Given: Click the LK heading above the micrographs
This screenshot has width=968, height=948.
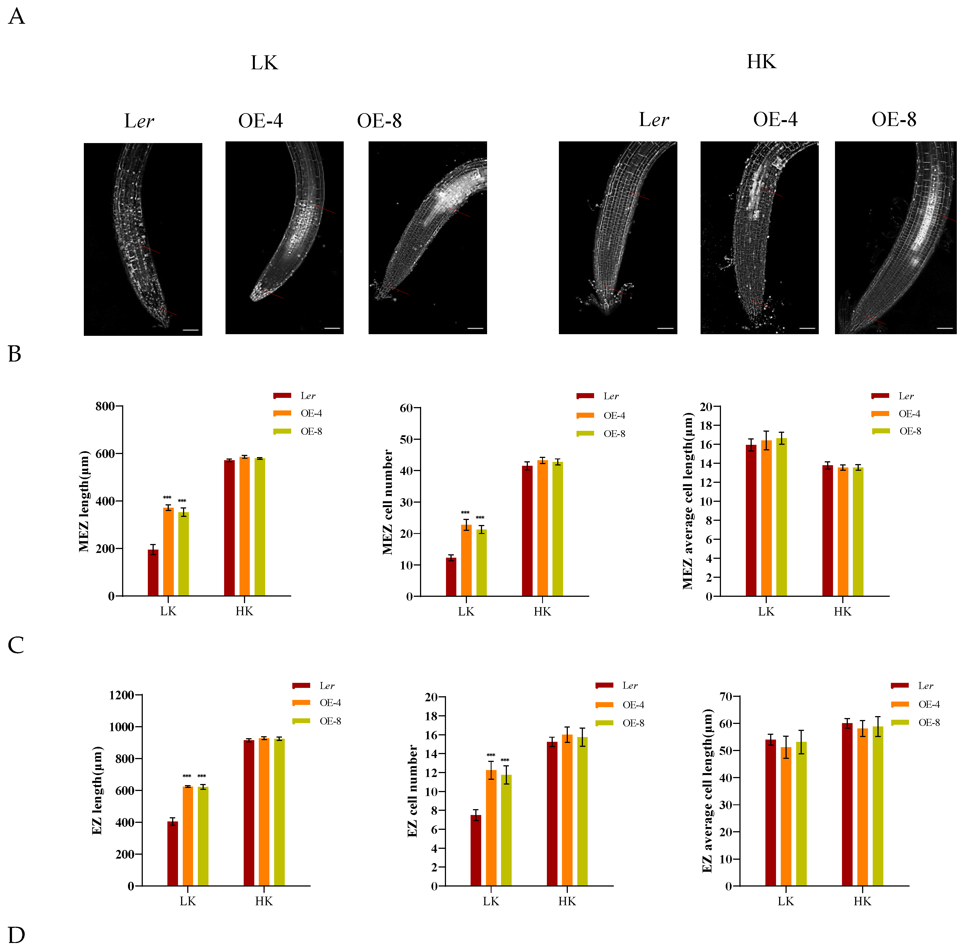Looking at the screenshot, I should point(264,63).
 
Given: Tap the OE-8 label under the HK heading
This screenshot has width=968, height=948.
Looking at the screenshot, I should point(893,120).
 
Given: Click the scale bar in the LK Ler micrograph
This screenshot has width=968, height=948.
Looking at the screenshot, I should point(191,330).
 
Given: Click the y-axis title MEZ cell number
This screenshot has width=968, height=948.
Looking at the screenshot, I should point(387,502).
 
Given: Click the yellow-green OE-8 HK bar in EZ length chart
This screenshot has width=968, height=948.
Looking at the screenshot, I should point(279,812).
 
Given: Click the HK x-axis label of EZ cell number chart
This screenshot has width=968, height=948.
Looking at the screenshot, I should point(567,901).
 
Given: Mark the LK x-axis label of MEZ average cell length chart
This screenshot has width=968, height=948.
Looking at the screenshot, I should point(766,611).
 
